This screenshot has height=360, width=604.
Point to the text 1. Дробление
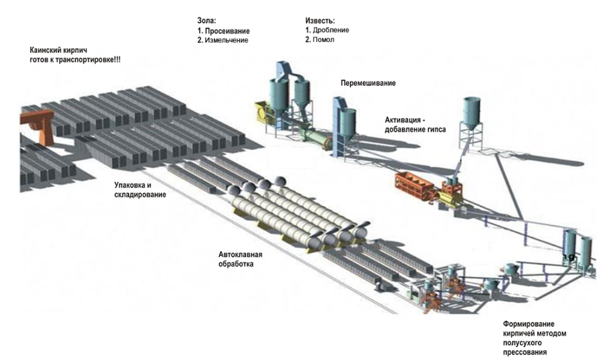coord(327,30)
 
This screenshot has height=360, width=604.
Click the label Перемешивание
coord(368,83)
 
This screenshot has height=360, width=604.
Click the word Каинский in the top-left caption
coord(46,50)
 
